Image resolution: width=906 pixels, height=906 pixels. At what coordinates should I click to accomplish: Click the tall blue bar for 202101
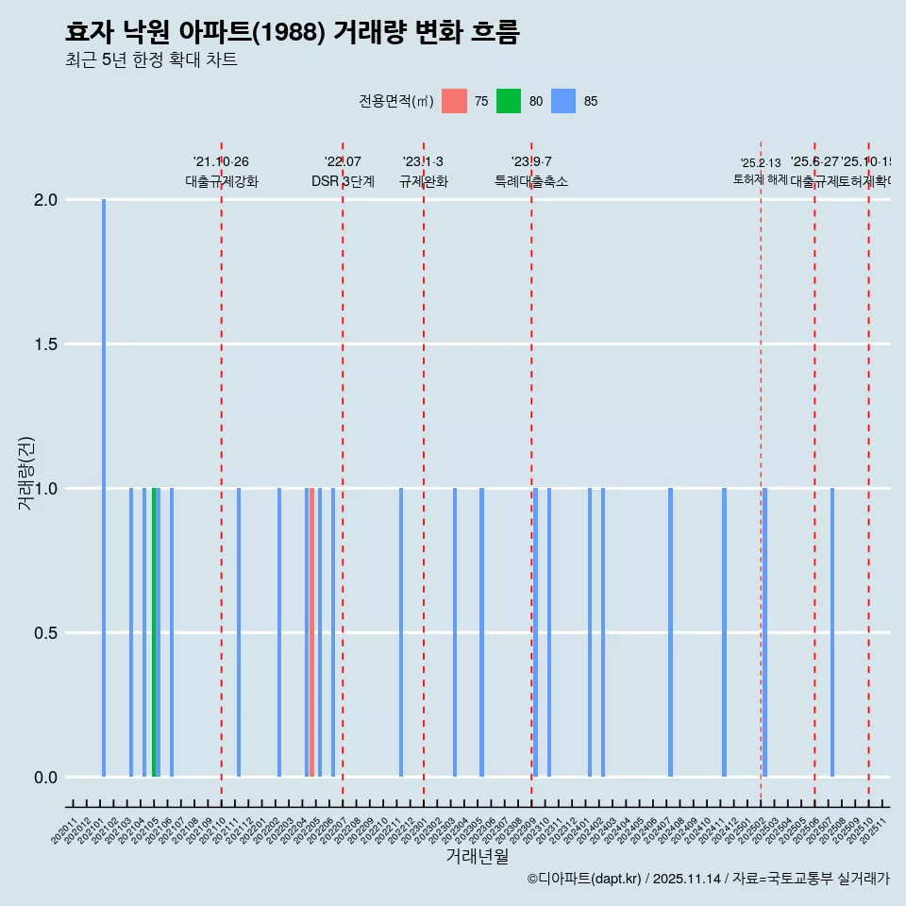(x=104, y=488)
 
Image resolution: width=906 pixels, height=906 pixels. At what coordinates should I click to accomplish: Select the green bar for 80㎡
(x=154, y=632)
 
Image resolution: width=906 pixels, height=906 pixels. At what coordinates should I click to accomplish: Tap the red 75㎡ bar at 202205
(x=311, y=632)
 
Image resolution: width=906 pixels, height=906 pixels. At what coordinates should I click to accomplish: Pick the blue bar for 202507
(x=832, y=632)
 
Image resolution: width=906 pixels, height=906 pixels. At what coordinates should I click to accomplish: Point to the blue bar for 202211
(x=401, y=632)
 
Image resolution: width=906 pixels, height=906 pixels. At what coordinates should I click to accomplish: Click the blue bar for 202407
(x=670, y=632)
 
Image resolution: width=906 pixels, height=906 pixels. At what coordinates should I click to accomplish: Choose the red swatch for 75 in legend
(x=454, y=101)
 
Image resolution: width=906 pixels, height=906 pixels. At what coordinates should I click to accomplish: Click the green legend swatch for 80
(x=509, y=101)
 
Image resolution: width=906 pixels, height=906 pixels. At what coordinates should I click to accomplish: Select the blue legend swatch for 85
(x=563, y=101)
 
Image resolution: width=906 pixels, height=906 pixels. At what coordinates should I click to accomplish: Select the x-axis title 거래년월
(x=477, y=857)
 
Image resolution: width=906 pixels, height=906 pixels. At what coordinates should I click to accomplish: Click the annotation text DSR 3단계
(x=343, y=182)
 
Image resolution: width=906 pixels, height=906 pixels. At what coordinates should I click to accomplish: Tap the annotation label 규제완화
(x=423, y=182)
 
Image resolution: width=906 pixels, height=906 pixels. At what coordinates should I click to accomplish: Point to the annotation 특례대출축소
(x=531, y=182)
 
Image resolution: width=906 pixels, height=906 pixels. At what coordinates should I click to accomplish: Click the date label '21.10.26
(x=221, y=162)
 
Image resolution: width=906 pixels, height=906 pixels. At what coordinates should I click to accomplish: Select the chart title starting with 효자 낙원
(x=293, y=32)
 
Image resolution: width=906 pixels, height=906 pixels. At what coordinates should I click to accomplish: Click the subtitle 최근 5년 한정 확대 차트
(x=151, y=60)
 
